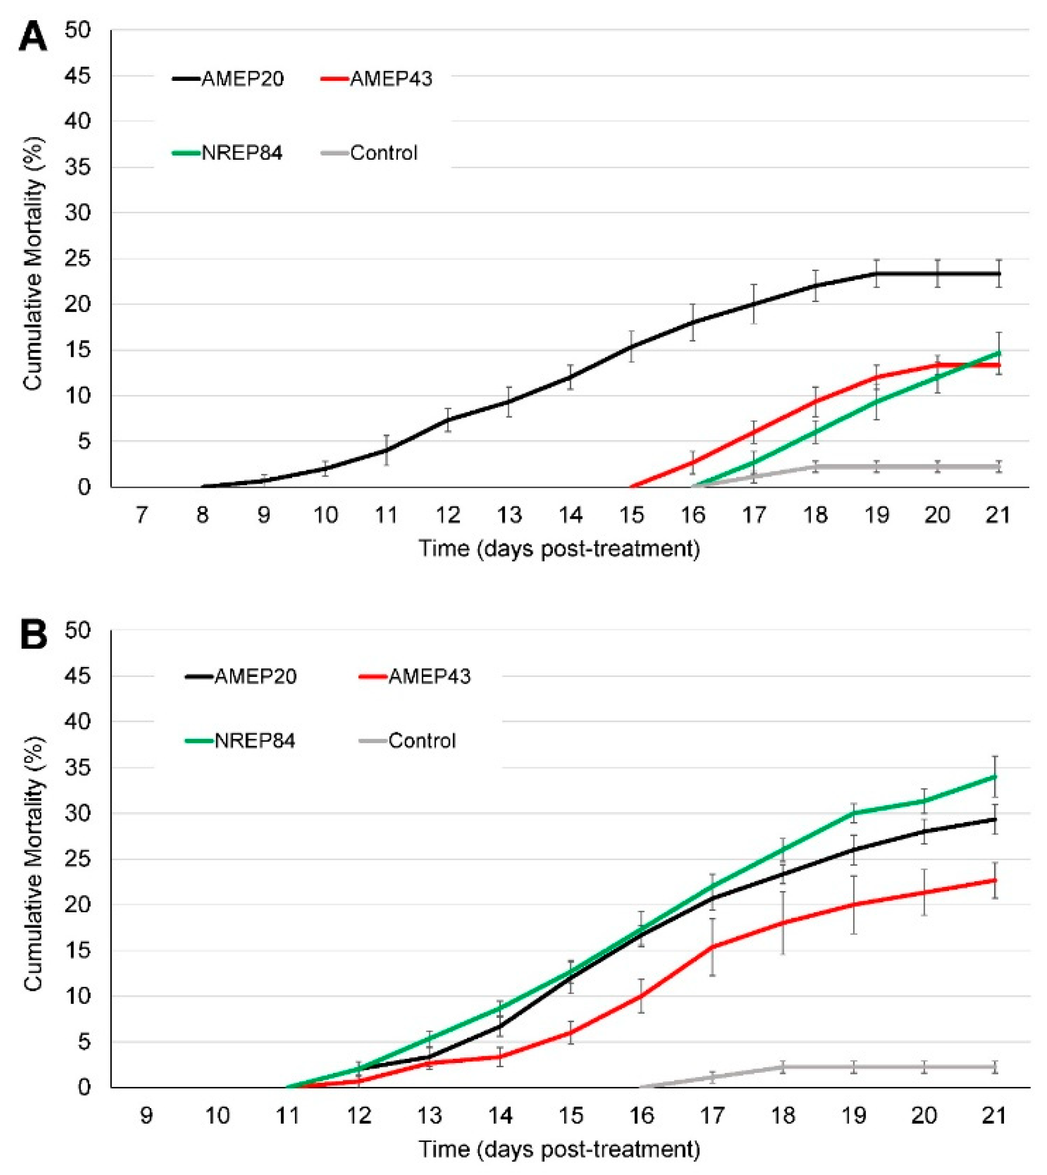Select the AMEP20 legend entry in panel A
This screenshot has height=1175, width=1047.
pos(228,78)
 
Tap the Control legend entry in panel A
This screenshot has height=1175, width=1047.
pos(369,152)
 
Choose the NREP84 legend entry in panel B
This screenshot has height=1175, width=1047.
pos(240,740)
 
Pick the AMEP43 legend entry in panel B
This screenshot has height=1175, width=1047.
pos(414,676)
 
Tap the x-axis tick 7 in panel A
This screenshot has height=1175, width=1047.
pos(141,515)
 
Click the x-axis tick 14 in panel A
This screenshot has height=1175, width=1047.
pos(571,515)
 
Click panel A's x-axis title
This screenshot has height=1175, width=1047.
pos(559,548)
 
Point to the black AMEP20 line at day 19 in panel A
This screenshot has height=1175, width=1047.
pos(877,273)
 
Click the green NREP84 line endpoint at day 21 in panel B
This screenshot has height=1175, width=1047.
pos(995,776)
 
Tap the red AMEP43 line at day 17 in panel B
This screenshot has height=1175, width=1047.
pos(712,946)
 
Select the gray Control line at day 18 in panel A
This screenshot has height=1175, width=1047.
pos(815,466)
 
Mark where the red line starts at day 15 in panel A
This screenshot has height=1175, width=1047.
pos(632,487)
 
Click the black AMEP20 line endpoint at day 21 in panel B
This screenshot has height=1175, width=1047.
pos(995,818)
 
